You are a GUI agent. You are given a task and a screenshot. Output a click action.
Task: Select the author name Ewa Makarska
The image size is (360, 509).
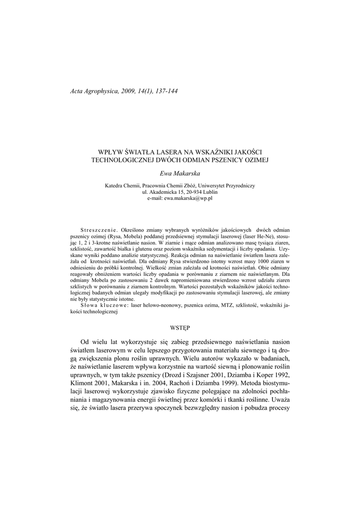pyautogui.click(x=180, y=173)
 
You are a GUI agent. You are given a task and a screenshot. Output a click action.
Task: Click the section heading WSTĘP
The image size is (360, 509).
pyautogui.click(x=180, y=328)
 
